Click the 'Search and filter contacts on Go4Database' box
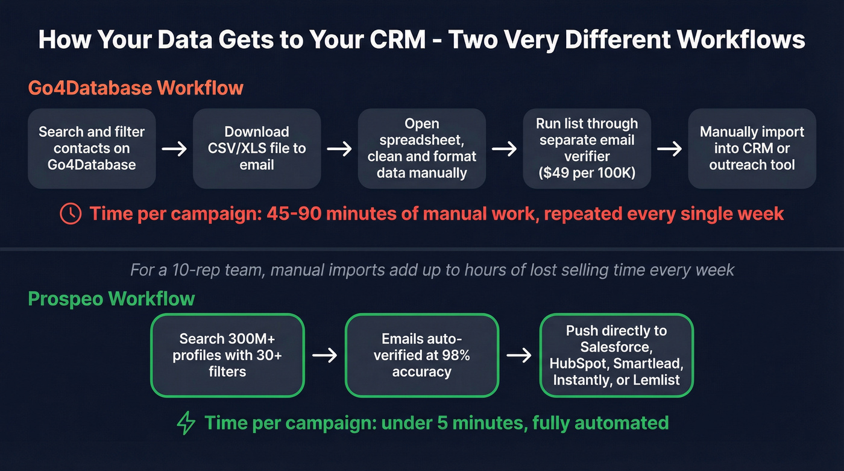[x=92, y=148]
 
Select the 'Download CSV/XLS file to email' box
[x=257, y=148]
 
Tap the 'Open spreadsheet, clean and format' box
[x=422, y=148]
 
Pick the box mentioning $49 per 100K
[x=587, y=148]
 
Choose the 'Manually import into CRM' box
[x=752, y=148]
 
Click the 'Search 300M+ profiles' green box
[x=227, y=355]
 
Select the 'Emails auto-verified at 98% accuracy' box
[x=422, y=355]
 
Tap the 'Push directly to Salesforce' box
[x=616, y=355]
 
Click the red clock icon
[x=71, y=214]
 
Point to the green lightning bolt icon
[x=186, y=423]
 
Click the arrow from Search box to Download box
[x=174, y=149]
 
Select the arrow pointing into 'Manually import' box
[x=669, y=149]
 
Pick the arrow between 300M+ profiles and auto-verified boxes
[x=324, y=355]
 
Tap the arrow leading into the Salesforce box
[x=519, y=355]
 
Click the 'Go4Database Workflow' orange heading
[x=136, y=87]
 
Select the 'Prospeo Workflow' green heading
[x=112, y=299]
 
